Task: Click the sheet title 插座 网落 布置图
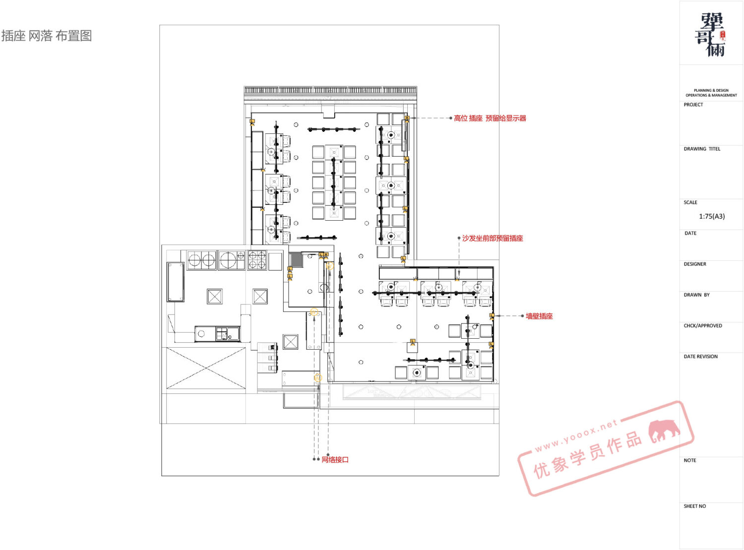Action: click(x=47, y=36)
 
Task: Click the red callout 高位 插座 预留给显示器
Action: click(x=490, y=118)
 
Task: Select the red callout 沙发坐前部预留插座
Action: click(x=493, y=238)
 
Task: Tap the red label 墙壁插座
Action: click(x=539, y=316)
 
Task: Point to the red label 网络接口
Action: click(x=335, y=459)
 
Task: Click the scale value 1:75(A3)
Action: click(x=712, y=216)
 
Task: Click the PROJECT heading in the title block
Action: click(x=693, y=105)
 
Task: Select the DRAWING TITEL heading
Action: click(x=702, y=149)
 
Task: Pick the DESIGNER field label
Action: click(x=695, y=264)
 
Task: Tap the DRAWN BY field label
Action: click(x=697, y=295)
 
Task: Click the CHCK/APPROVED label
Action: click(x=703, y=326)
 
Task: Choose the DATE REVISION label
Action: click(x=701, y=357)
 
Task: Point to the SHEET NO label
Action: click(x=695, y=506)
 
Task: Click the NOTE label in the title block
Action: click(x=690, y=460)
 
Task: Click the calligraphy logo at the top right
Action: click(x=710, y=34)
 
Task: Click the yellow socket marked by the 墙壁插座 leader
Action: click(x=492, y=316)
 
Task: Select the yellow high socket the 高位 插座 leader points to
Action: click(x=407, y=119)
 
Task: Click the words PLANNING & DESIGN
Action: click(x=711, y=90)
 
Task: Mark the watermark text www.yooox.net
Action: click(x=576, y=435)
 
